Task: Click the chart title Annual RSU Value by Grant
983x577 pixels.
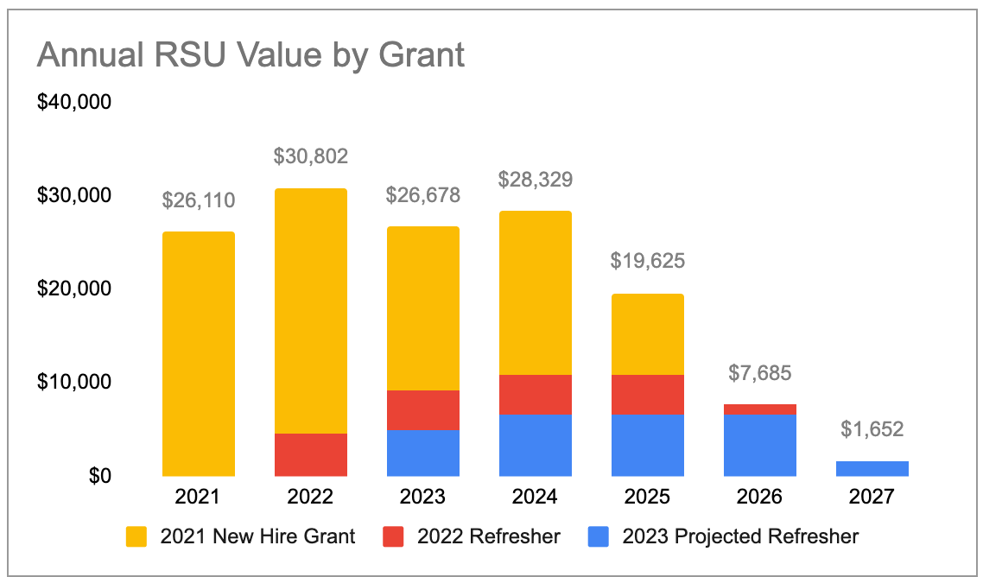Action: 251,55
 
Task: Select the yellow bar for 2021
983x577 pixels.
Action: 199,353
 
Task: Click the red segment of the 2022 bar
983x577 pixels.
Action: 311,454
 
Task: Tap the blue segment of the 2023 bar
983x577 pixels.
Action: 423,453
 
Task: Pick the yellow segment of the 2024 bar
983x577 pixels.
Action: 536,293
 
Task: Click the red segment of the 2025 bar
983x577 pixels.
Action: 648,394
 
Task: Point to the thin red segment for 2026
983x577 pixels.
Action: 760,409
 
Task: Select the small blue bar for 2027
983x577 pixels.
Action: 872,468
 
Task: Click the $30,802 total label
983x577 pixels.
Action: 311,156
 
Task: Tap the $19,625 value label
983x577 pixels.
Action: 648,261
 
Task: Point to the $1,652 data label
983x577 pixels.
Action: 872,429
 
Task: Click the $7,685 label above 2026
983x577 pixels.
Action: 760,373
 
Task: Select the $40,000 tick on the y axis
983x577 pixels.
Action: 74,102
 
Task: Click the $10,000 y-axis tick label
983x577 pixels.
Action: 74,382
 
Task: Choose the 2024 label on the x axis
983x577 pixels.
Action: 536,497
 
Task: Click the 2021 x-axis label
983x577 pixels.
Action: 199,497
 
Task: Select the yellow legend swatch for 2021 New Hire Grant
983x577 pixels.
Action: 137,536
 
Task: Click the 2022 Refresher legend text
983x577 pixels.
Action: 489,536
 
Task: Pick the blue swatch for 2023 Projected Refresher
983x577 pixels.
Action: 599,536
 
